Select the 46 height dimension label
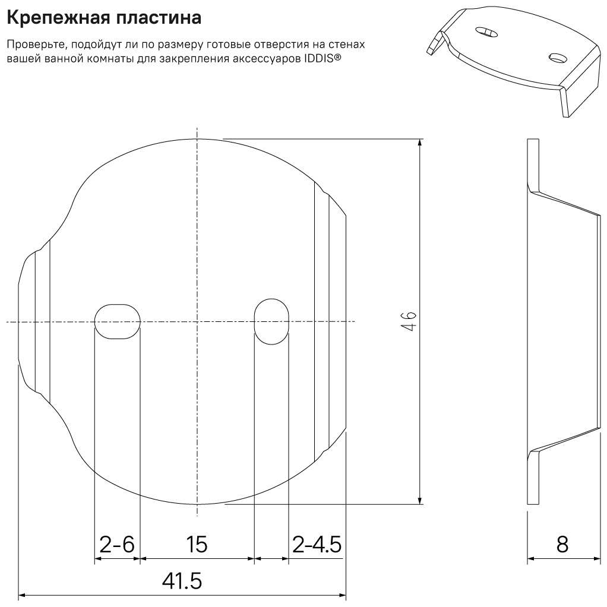[x=409, y=321]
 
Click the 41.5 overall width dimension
[x=182, y=581]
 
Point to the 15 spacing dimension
[x=197, y=544]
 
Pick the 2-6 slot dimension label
[x=117, y=544]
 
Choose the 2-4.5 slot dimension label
[x=317, y=544]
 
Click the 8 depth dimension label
[x=562, y=544]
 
